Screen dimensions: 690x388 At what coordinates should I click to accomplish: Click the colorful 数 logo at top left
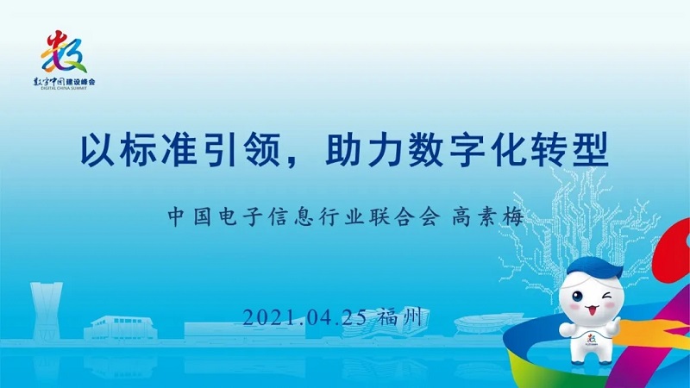pyautogui.click(x=64, y=52)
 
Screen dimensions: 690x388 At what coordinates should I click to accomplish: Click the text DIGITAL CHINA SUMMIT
pyautogui.click(x=64, y=88)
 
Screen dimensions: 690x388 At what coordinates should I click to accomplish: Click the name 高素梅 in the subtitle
pyautogui.click(x=487, y=217)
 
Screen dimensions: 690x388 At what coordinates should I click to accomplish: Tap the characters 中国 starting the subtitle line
pyautogui.click(x=189, y=217)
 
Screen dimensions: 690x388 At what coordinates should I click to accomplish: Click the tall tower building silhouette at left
pyautogui.click(x=46, y=310)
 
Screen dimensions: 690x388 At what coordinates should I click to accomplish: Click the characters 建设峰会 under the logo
pyautogui.click(x=81, y=82)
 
